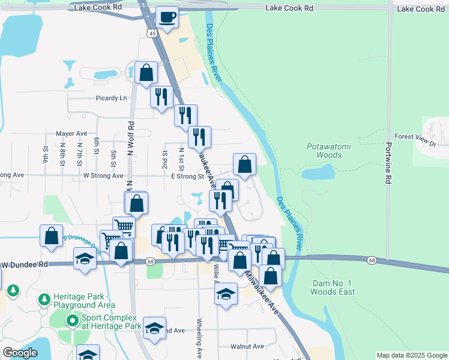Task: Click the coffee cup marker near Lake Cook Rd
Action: click(167, 16)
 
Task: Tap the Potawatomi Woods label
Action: click(324, 151)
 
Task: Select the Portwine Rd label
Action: click(389, 163)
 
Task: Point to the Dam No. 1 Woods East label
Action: click(333, 287)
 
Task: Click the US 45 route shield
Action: click(153, 34)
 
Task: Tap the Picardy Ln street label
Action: click(111, 98)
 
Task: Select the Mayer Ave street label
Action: click(71, 133)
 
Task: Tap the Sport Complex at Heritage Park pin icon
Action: click(73, 322)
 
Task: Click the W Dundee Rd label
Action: click(23, 264)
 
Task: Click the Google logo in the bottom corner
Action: click(20, 353)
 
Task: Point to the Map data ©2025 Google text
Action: click(412, 355)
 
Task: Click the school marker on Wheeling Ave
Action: click(226, 294)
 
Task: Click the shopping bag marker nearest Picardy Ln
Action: click(146, 73)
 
